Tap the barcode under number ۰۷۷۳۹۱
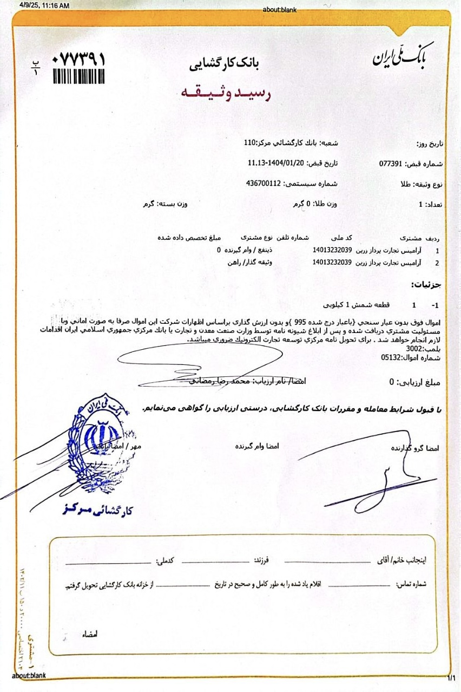click(x=79, y=76)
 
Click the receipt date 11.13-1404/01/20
click(x=276, y=163)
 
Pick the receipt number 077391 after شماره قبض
click(x=393, y=163)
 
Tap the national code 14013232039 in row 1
click(x=332, y=250)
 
